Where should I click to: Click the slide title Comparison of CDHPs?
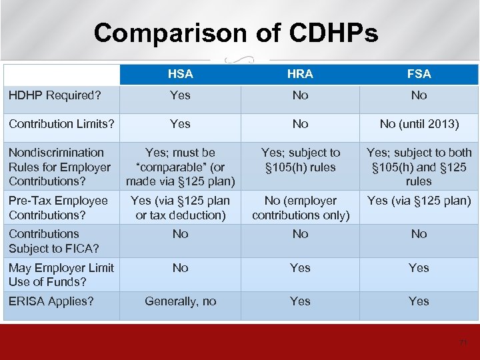tap(236, 32)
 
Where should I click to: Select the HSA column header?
tap(180, 74)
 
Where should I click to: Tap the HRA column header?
tap(300, 74)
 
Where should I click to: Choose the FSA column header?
tap(419, 74)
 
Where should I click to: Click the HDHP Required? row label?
tap(55, 95)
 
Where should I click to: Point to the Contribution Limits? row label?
tap(61, 124)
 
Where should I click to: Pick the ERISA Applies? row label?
tap(51, 301)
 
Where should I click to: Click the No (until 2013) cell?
tap(419, 124)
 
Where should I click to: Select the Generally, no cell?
tap(180, 301)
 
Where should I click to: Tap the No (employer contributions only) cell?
tap(300, 207)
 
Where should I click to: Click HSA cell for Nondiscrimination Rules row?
tap(180, 167)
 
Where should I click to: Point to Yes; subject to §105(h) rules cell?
tap(300, 160)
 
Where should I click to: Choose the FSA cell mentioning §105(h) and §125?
tap(419, 167)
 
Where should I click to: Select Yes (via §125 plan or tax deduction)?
tap(180, 207)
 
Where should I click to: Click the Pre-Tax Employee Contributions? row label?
tap(58, 207)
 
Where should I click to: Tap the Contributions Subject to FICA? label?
tap(53, 241)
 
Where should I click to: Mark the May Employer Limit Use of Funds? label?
tap(61, 275)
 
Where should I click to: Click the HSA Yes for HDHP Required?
tap(180, 95)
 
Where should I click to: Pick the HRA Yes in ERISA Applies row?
tap(300, 301)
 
